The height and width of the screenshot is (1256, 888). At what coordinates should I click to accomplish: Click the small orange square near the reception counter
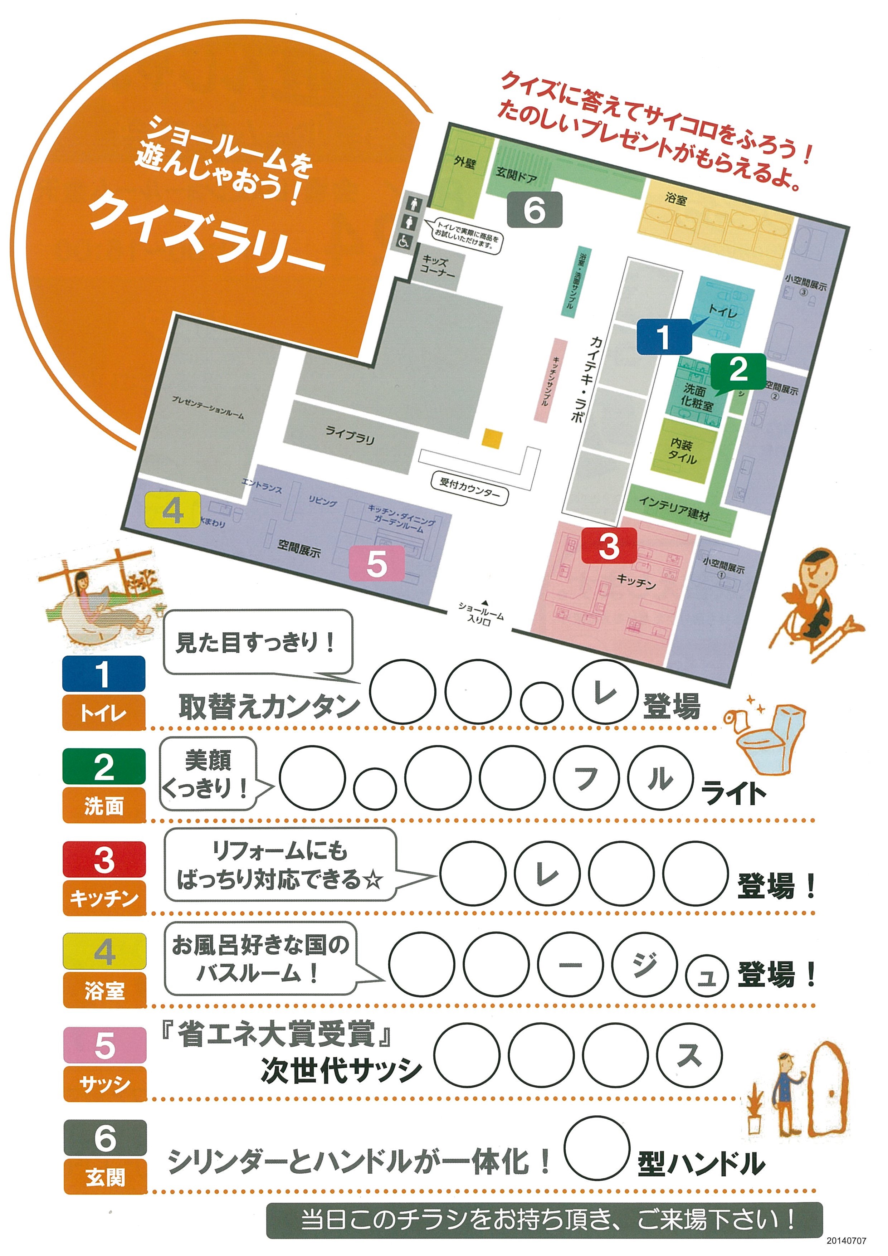point(492,439)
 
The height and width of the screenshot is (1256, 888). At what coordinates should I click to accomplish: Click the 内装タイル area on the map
point(683,452)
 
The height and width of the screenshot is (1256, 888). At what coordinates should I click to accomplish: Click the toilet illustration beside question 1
point(768,733)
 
